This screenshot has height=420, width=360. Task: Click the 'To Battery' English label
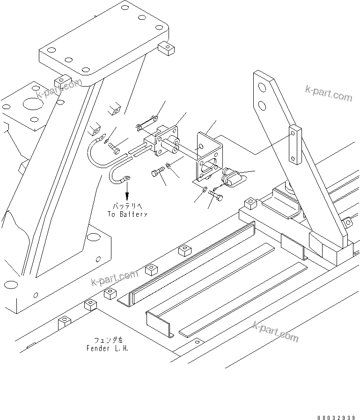click(126, 214)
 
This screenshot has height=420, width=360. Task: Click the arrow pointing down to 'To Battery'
click(127, 192)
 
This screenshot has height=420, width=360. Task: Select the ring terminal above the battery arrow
click(126, 178)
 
